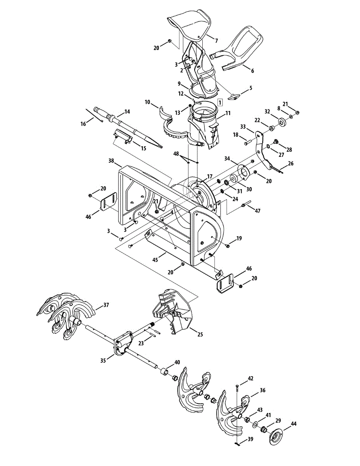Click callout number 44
294,424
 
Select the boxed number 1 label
220,103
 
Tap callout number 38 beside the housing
112,160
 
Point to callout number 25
200,334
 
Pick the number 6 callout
252,71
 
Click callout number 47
257,211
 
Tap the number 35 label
103,360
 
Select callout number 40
177,362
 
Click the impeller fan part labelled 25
171,311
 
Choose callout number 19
239,238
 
